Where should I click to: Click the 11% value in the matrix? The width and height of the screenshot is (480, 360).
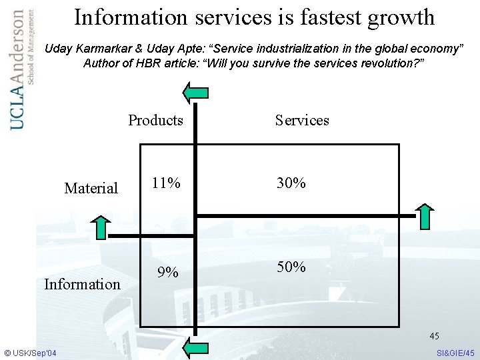point(165,183)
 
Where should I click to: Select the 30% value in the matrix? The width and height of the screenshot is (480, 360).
point(291,183)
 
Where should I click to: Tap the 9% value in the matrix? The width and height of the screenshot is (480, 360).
point(167,272)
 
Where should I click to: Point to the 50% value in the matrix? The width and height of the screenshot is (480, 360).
point(291,267)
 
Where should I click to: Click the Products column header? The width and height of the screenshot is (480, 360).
point(155,120)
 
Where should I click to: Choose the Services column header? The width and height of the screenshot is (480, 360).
point(302,120)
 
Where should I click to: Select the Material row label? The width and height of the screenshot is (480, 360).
point(91,189)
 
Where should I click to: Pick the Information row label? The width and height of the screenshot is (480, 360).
point(82,284)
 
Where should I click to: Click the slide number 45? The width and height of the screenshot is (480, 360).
point(434,336)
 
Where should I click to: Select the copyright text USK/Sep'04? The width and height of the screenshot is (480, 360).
point(31,352)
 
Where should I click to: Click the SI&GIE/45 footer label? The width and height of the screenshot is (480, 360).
point(455,352)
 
